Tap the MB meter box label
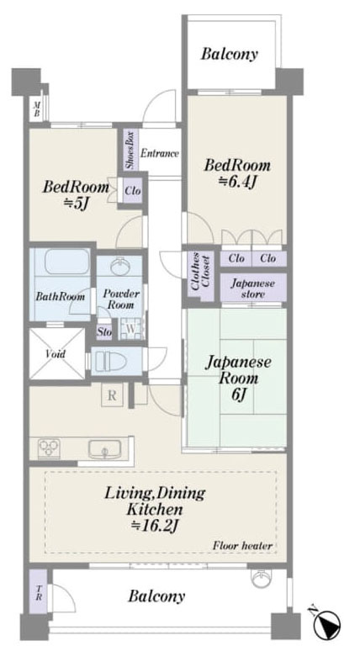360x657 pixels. click(x=37, y=109)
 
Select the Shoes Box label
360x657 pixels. click(x=130, y=150)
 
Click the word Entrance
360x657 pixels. click(x=160, y=153)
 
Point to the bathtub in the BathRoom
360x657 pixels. click(x=67, y=262)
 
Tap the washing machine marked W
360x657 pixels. click(x=130, y=329)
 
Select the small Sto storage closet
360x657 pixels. click(x=105, y=332)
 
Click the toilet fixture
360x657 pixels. click(x=109, y=361)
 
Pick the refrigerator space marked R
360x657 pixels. click(x=113, y=395)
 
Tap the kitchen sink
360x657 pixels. click(x=105, y=449)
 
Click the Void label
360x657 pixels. click(x=56, y=353)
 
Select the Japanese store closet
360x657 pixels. click(x=253, y=288)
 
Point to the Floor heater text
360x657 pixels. click(x=242, y=546)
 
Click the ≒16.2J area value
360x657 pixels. click(x=154, y=526)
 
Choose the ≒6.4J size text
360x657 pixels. click(x=237, y=183)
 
